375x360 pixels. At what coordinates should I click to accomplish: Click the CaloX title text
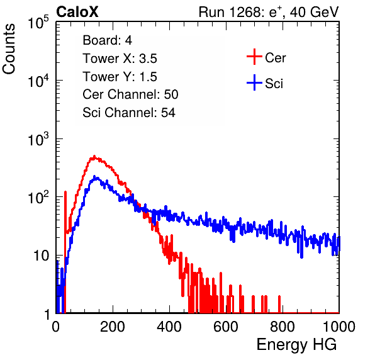click(x=77, y=12)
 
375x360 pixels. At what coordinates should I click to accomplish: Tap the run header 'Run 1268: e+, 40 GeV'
click(x=269, y=12)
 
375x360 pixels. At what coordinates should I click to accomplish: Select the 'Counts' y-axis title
click(x=9, y=48)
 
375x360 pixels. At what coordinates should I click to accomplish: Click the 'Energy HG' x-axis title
click(x=296, y=344)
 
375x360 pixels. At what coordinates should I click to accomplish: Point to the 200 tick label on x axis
click(x=113, y=326)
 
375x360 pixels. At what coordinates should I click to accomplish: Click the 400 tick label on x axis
click(x=169, y=326)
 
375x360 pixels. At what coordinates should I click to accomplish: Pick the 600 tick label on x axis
click(x=226, y=326)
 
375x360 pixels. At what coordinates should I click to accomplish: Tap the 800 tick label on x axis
click(x=283, y=326)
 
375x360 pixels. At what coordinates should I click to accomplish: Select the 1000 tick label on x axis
click(x=339, y=326)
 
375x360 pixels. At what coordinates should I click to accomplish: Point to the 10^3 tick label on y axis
click(x=38, y=139)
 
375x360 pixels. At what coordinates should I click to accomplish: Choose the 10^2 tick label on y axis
click(x=38, y=198)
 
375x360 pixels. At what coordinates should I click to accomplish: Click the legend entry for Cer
click(x=266, y=57)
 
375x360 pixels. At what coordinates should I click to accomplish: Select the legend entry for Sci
click(x=265, y=83)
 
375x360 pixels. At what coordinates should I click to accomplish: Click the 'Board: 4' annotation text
click(x=107, y=40)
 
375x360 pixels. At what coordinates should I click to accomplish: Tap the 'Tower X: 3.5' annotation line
click(x=120, y=59)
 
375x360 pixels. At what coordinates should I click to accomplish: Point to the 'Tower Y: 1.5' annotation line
click(x=120, y=77)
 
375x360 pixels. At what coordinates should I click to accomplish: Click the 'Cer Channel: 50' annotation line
click(x=130, y=94)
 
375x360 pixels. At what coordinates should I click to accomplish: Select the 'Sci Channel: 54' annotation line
click(x=129, y=113)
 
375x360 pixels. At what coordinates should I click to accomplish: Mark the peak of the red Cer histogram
click(x=94, y=157)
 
